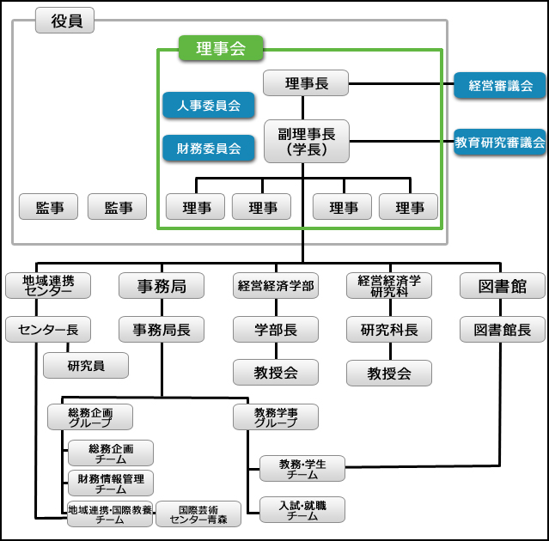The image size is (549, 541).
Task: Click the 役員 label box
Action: coord(64,21)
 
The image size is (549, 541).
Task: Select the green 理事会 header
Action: coord(220,48)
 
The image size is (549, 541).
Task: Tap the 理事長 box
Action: coord(306,83)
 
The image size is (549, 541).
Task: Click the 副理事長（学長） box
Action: coord(306,140)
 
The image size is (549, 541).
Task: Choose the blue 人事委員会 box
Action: coord(209,106)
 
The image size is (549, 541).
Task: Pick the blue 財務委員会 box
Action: coord(209,147)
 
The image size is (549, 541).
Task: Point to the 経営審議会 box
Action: coord(500,85)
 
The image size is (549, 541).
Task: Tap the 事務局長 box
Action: coord(162,329)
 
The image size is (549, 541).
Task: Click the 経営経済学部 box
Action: coord(276,285)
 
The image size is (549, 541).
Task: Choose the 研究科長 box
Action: coord(389,329)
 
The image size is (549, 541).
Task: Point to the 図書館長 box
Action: coord(503,329)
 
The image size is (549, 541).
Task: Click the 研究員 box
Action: coord(86,365)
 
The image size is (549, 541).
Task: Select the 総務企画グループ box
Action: coord(90,416)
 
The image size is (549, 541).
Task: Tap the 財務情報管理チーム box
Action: coord(110,483)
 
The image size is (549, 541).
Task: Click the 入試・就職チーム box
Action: coord(302,509)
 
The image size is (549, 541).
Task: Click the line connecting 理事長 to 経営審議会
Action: coord(401,83)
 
